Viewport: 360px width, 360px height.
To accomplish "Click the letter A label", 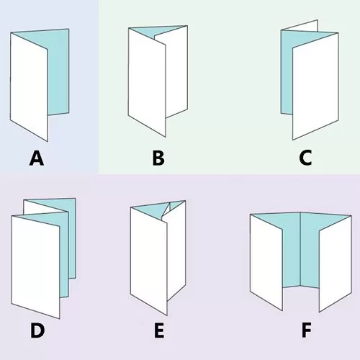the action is pos(37,158).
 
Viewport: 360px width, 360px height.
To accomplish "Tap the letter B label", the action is pos(158,158).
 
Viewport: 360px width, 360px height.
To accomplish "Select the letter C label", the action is pos(305,158).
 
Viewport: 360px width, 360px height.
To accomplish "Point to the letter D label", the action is pos(37,330).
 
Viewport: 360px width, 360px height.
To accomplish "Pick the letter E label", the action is pos(159,330).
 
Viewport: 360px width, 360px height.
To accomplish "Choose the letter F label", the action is pos(306,330).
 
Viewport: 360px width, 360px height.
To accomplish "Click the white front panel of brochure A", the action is pos(29,86).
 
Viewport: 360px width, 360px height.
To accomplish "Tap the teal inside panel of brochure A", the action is pos(59,72).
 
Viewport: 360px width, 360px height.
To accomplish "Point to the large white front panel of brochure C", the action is pos(315,86).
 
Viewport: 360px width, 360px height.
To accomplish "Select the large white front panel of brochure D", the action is pos(35,266).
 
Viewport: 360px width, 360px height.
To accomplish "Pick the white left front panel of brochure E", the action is pos(149,261).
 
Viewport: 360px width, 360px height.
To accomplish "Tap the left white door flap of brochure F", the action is pos(266,261).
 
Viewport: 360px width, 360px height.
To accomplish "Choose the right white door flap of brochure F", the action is pos(336,263).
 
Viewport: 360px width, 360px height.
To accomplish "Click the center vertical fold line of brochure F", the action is pos(300,249).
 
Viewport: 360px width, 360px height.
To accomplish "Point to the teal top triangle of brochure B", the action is pos(157,31).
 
